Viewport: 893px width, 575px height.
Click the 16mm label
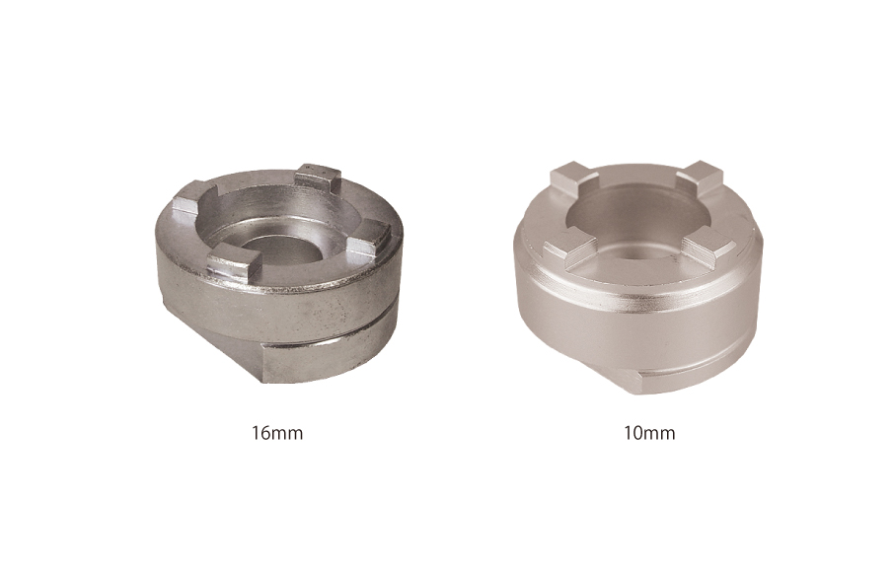tap(277, 433)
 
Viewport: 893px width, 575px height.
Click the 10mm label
tap(650, 433)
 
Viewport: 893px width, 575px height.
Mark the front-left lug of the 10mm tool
tap(567, 247)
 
